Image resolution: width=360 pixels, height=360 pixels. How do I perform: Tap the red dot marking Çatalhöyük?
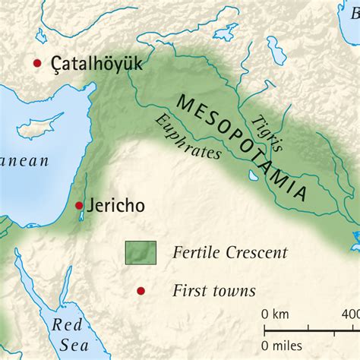36,64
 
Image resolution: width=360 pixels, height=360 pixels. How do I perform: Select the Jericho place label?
115,205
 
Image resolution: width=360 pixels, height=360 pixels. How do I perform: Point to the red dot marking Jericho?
79,205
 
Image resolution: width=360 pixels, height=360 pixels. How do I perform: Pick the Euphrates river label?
187,137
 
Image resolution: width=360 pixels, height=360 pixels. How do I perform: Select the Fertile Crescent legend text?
230,252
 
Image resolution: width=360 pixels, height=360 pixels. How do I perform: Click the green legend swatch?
141,252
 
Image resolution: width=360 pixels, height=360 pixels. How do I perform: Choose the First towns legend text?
214,290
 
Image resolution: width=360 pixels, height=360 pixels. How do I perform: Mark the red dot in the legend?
140,290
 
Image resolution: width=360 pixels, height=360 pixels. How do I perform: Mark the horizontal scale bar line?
311,310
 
